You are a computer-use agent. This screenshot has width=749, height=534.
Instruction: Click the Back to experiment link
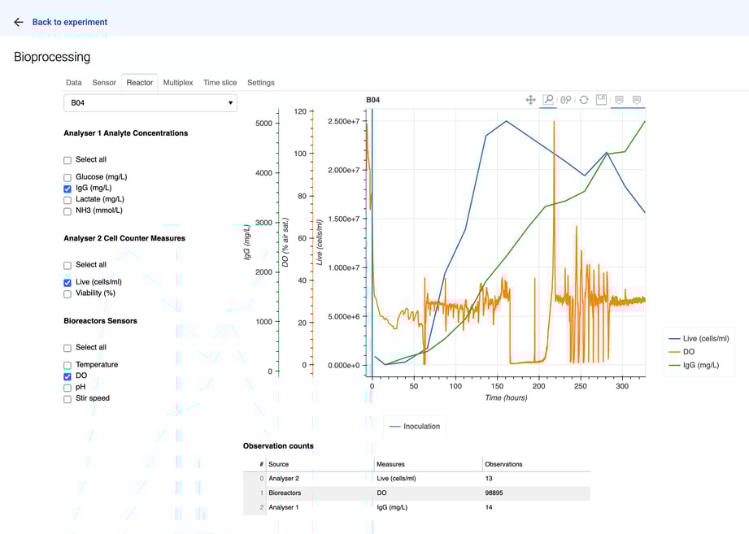(69, 22)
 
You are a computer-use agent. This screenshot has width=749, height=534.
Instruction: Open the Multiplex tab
(177, 83)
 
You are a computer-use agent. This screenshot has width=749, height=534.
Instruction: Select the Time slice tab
(220, 83)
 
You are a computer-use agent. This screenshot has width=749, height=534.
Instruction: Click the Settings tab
(260, 83)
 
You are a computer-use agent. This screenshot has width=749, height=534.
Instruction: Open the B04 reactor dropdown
(150, 103)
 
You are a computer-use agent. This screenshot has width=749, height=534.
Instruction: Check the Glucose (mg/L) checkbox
(67, 177)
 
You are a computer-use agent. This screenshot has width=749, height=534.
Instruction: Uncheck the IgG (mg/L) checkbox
(67, 189)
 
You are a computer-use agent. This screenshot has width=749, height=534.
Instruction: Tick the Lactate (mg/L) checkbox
(67, 200)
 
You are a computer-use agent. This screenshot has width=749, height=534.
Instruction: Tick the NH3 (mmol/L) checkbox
(67, 211)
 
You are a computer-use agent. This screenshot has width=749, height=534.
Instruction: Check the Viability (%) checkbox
(67, 294)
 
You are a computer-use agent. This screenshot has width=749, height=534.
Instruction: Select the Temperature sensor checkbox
(67, 366)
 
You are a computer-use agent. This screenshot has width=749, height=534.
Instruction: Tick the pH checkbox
(67, 388)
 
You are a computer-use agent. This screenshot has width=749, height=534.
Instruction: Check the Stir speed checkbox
(67, 399)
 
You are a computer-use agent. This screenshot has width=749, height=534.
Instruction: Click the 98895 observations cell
(494, 493)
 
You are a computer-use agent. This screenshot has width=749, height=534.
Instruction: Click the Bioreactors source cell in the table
(285, 493)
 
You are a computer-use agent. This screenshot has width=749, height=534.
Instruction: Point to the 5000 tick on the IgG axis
(263, 124)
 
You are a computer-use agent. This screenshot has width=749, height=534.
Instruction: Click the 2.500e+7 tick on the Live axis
(343, 121)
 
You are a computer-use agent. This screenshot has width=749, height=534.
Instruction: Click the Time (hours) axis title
(506, 398)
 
